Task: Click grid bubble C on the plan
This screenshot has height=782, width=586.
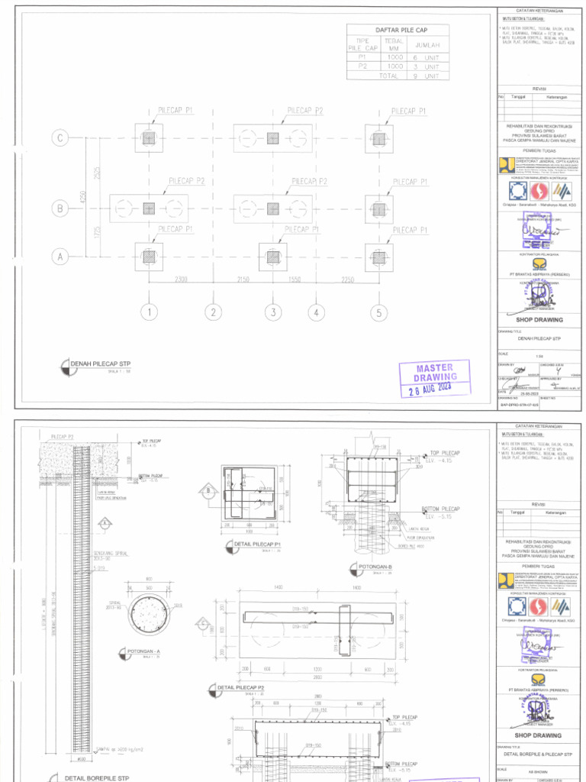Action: click(x=60, y=138)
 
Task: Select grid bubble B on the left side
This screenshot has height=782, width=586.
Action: click(x=60, y=208)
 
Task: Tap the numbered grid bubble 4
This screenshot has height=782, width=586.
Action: click(x=316, y=312)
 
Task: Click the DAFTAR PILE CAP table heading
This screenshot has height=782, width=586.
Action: click(x=398, y=31)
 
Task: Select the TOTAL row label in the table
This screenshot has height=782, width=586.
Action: click(x=389, y=76)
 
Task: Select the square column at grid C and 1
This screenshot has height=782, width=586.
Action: click(x=149, y=138)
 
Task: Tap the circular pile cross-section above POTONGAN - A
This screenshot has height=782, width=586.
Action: click(x=148, y=616)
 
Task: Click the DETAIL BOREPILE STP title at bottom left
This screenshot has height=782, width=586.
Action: click(x=95, y=777)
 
